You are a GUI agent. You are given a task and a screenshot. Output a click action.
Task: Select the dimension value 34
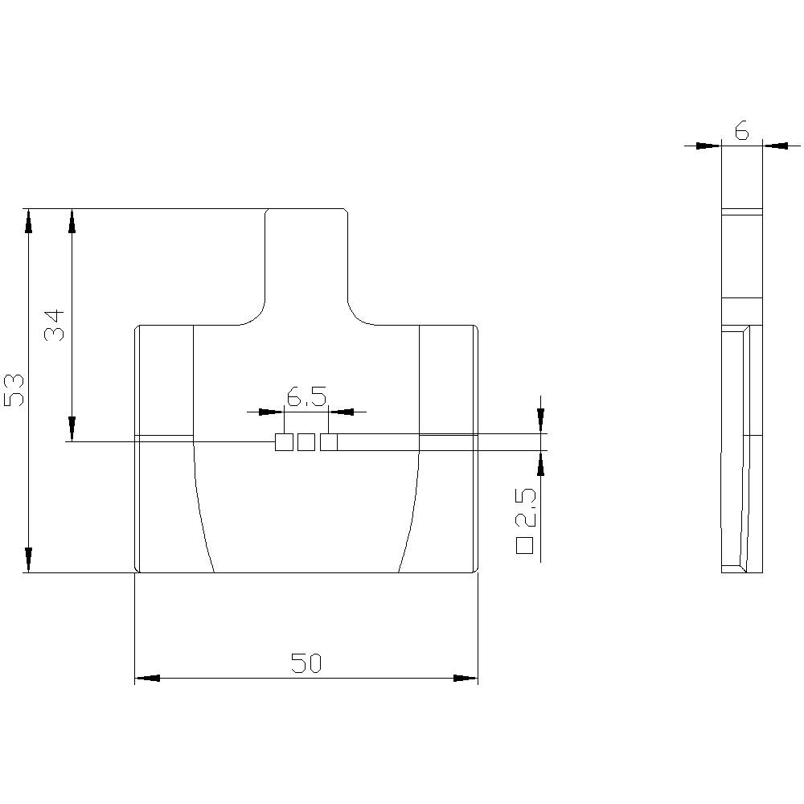click(55, 325)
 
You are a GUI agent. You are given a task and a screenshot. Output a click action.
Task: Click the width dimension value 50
click(306, 663)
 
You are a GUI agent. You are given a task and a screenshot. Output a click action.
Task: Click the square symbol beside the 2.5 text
click(525, 546)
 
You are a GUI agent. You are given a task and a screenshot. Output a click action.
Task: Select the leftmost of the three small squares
click(284, 441)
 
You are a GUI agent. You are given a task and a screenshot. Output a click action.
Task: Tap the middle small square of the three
click(306, 441)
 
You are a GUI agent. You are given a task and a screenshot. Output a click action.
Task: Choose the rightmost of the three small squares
click(329, 441)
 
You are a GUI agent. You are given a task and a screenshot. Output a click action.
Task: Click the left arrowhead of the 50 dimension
click(146, 678)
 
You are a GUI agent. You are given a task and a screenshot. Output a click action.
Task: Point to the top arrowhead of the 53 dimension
click(29, 221)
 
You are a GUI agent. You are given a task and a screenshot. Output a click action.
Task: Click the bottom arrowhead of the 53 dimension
click(29, 560)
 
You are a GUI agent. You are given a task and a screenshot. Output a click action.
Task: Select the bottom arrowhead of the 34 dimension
click(72, 429)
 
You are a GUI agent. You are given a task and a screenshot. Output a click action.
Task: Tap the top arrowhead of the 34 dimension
click(72, 221)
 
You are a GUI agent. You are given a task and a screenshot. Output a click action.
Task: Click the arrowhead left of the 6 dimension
click(708, 146)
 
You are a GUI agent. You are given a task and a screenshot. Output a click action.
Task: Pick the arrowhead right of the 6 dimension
click(775, 146)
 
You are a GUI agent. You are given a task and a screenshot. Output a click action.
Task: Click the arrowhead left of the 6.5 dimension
click(272, 412)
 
